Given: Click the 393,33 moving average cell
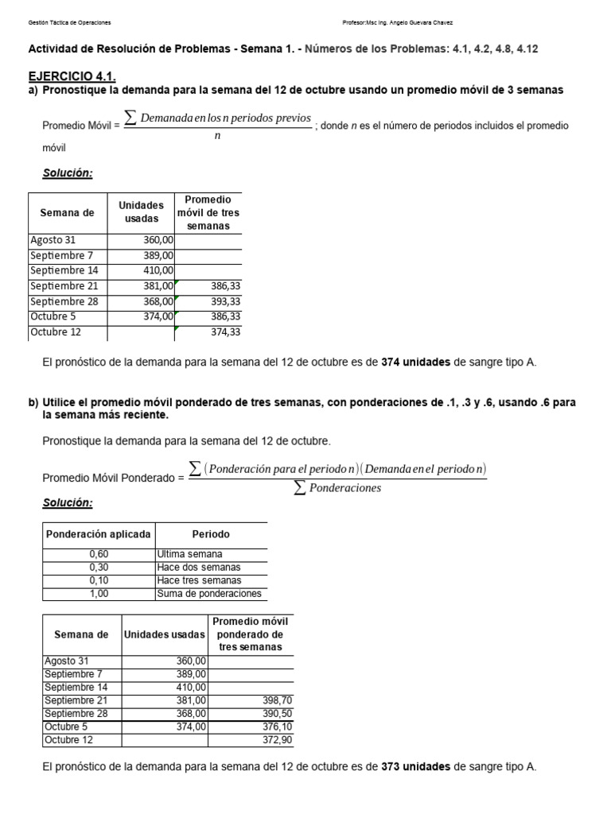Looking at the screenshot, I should click(x=225, y=302).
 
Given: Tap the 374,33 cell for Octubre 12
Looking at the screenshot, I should click(x=225, y=332).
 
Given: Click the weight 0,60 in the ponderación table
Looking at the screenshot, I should click(x=99, y=555).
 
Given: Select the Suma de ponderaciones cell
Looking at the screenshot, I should click(x=209, y=594).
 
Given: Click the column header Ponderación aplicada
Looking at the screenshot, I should click(x=99, y=535).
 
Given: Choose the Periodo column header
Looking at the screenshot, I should click(x=211, y=535).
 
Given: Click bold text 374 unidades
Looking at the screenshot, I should click(x=415, y=362).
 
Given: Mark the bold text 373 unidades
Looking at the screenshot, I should click(x=415, y=767).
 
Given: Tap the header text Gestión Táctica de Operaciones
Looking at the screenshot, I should click(x=69, y=22).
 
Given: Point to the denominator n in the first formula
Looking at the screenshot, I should click(x=217, y=136).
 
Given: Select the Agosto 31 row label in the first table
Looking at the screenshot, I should click(x=53, y=240).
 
